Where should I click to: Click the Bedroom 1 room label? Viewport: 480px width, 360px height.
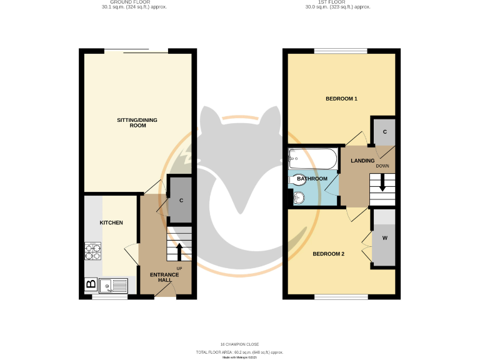click(341, 99)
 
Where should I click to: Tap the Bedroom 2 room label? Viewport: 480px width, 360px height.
click(328, 253)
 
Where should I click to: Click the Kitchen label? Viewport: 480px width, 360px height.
click(111, 222)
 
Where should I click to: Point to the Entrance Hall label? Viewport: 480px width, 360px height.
click(161, 277)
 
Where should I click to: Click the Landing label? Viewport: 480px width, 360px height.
click(362, 161)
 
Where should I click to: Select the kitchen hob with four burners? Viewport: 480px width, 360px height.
click(93, 251)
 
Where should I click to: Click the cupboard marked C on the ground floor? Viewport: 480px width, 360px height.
click(181, 201)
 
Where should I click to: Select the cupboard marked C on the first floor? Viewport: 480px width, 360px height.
click(384, 132)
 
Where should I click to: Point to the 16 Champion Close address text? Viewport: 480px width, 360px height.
click(240, 344)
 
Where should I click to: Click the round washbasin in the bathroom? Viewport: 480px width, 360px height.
click(297, 199)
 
